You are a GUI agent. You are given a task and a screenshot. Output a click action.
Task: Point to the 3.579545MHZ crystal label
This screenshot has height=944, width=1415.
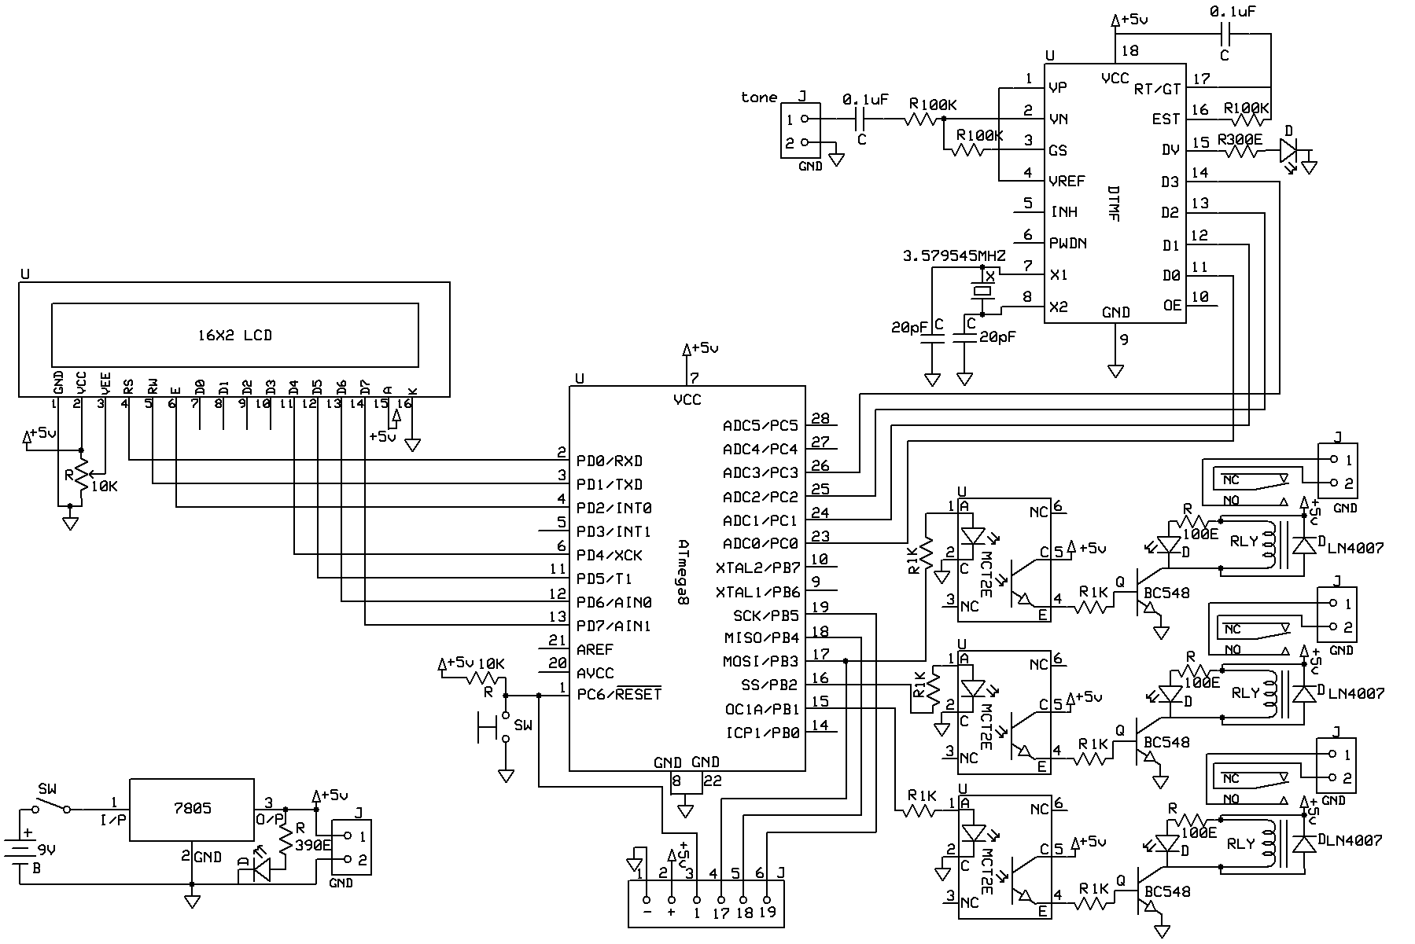[953, 256]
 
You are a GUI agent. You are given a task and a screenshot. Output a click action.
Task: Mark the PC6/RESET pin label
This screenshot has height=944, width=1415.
[618, 695]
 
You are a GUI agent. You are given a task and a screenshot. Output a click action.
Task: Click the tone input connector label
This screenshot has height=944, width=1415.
[758, 97]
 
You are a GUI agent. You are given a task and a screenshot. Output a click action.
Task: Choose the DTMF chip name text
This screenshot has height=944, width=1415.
[1112, 204]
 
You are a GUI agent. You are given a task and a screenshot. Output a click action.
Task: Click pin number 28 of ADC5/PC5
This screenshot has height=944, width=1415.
[820, 419]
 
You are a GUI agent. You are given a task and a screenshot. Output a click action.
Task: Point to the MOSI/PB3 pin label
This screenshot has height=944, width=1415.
[760, 662]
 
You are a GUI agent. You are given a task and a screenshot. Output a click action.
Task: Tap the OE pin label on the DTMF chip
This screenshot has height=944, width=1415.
[1172, 306]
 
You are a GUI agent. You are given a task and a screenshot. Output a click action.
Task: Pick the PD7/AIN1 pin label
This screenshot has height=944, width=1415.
[614, 626]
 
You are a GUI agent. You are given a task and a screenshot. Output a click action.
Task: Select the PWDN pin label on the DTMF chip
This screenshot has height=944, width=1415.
[1068, 243]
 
